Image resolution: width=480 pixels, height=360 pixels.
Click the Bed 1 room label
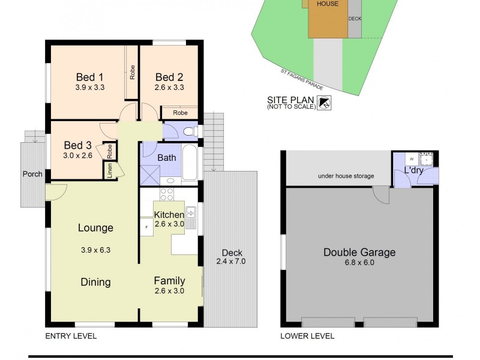point(90,77)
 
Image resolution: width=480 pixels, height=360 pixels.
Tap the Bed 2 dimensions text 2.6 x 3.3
point(169,87)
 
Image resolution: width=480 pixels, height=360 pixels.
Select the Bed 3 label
point(78,145)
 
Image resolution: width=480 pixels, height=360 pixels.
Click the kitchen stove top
point(166,195)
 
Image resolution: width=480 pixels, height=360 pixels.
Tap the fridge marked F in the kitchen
point(146,227)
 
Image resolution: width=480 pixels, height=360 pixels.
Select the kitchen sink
point(191,217)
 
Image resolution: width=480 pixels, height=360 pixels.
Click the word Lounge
point(95,228)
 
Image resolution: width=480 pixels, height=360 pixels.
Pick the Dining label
point(95,282)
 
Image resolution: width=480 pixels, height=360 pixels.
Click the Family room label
point(169,280)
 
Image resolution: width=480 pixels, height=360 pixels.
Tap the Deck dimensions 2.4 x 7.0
point(231,261)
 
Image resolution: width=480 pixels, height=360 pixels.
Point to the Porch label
point(32,174)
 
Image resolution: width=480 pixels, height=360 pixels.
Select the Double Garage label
point(359,252)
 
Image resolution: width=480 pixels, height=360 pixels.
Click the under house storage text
point(346,176)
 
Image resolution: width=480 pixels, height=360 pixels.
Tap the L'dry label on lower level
point(414,170)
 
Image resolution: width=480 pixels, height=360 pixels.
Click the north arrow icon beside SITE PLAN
point(325,103)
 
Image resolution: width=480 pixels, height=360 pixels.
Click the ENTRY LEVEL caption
point(71,336)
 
